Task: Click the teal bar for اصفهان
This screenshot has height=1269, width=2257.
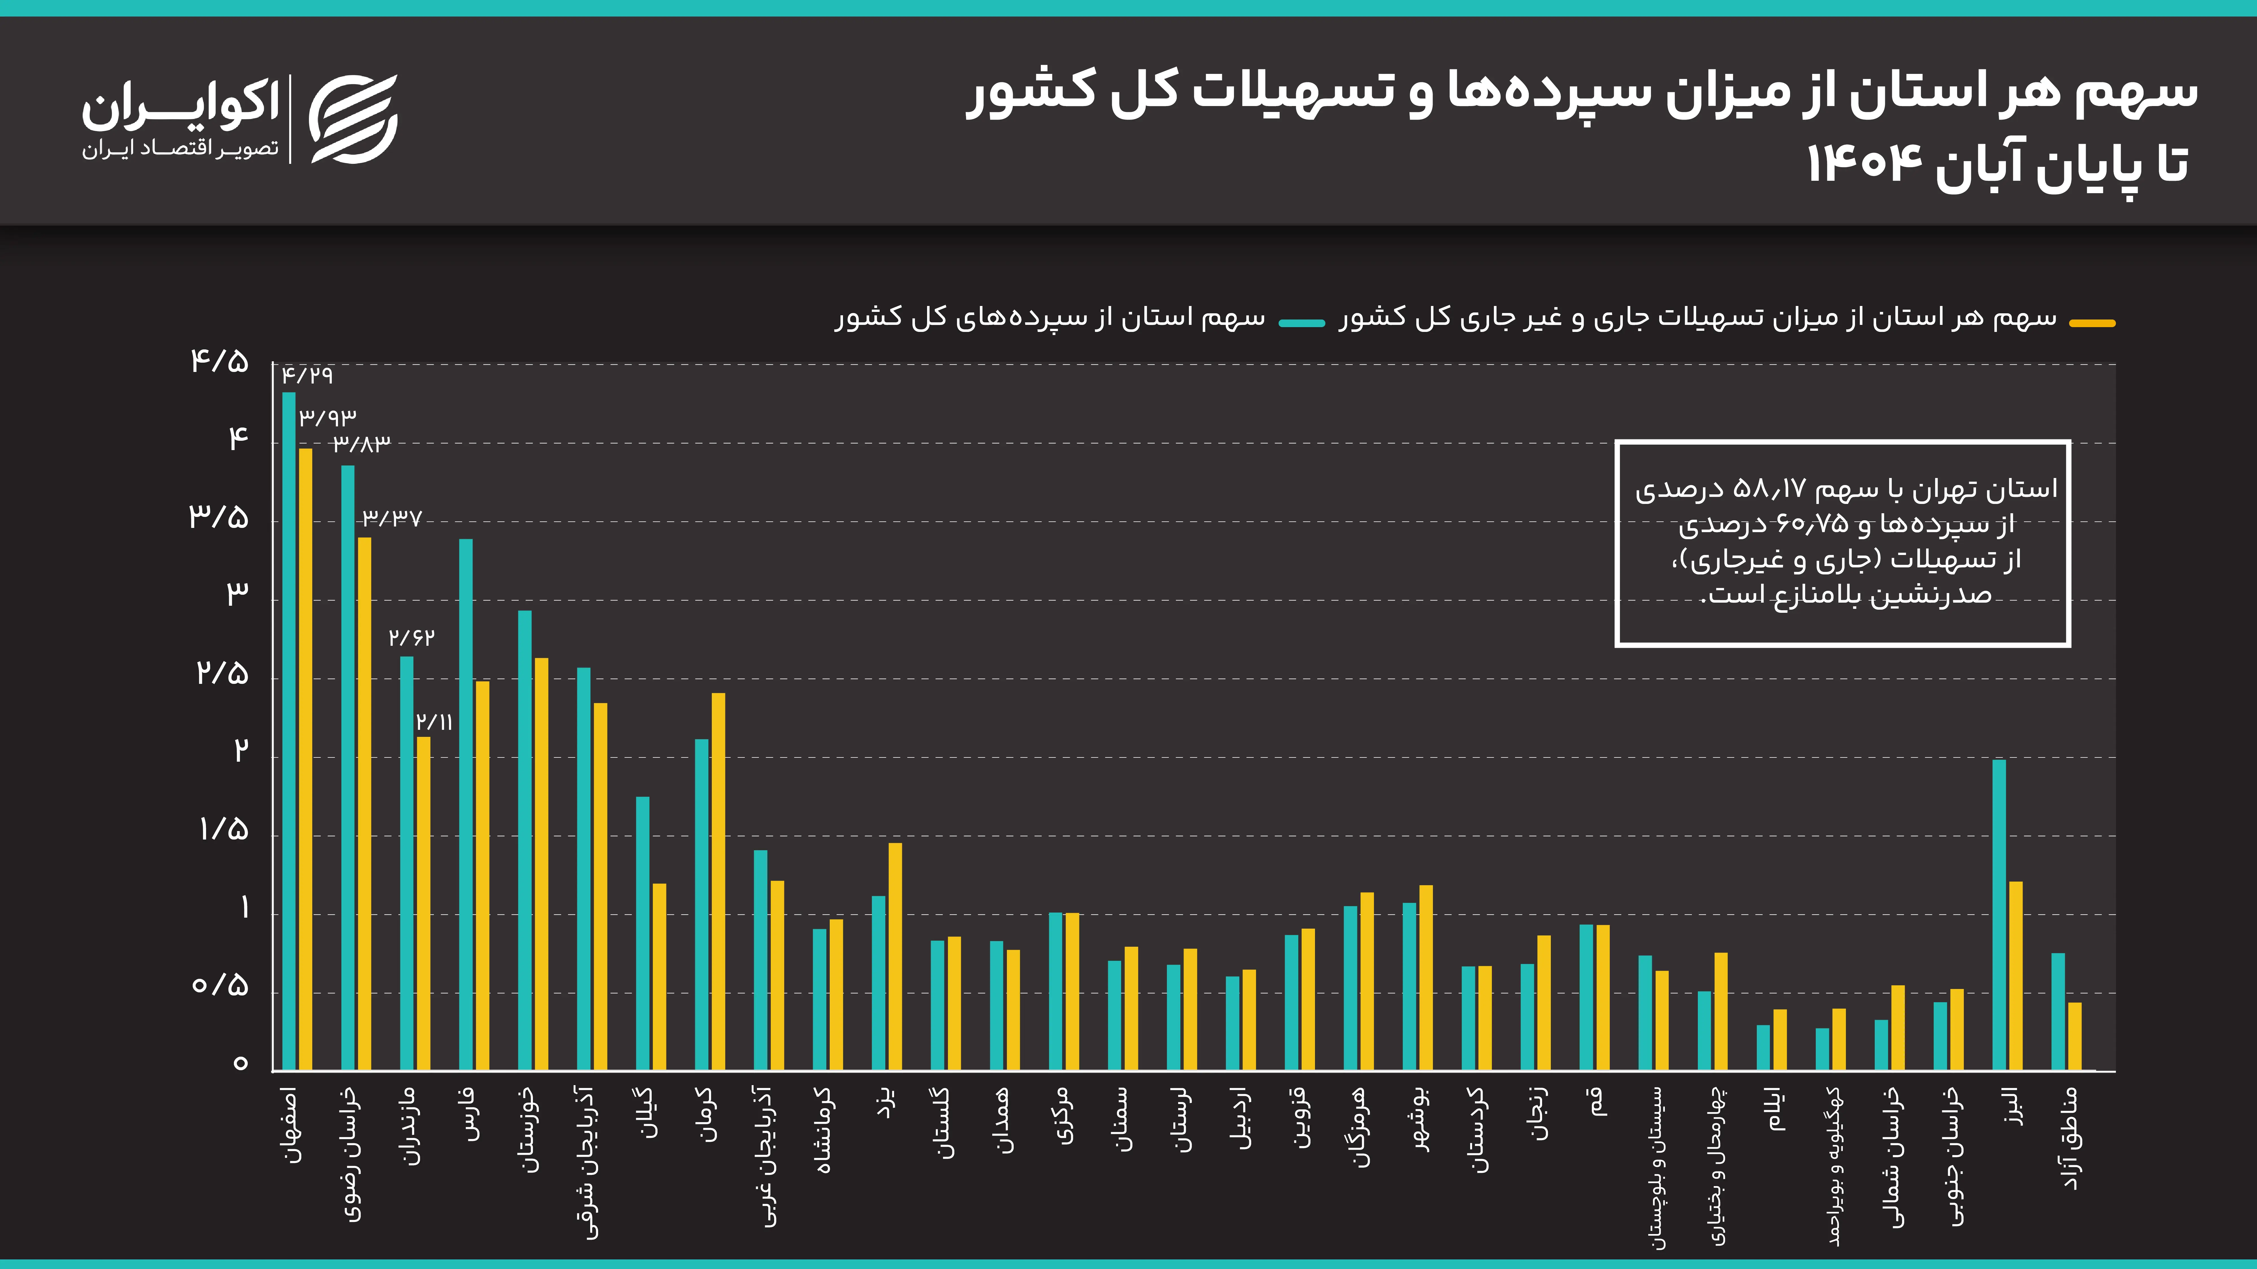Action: pyautogui.click(x=288, y=731)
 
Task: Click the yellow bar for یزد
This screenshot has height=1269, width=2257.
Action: pyautogui.click(x=895, y=956)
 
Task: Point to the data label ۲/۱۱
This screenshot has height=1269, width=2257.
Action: pyautogui.click(x=434, y=722)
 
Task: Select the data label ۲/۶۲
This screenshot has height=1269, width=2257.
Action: pyautogui.click(x=411, y=638)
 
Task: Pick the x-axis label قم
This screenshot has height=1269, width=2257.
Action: pyautogui.click(x=1598, y=1102)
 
